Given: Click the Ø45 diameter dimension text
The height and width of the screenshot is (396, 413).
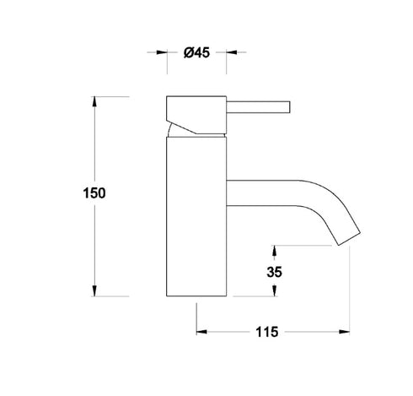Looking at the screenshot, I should pos(196,53).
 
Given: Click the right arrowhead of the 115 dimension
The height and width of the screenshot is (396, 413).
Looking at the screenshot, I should pos(346,332).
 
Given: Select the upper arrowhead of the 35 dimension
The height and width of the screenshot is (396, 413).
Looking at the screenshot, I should pos(274,249).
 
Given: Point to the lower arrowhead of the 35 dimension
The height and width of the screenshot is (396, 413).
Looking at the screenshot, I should pos(274,292).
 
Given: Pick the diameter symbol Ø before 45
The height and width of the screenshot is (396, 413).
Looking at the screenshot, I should pos(187,53).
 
